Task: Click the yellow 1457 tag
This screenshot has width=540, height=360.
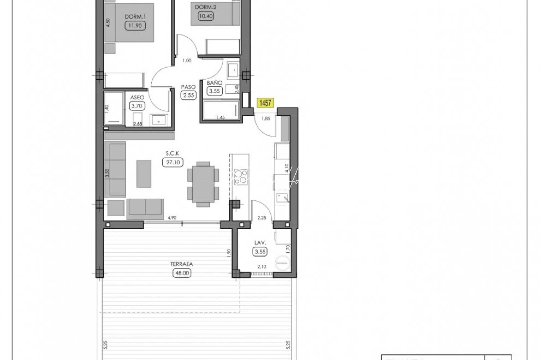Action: click(265, 103)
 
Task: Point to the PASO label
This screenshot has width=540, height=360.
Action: click(188, 87)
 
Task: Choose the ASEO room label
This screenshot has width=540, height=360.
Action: click(137, 97)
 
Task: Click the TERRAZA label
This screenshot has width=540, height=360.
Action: click(182, 264)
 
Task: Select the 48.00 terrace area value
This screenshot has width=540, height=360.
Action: click(182, 273)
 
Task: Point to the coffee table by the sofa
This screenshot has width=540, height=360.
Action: click(144, 174)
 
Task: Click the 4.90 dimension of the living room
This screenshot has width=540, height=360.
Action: click(172, 218)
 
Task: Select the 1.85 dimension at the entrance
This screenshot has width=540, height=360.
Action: click(266, 118)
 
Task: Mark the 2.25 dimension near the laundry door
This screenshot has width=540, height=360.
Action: click(262, 218)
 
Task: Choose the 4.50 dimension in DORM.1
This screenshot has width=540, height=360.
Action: click(108, 23)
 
